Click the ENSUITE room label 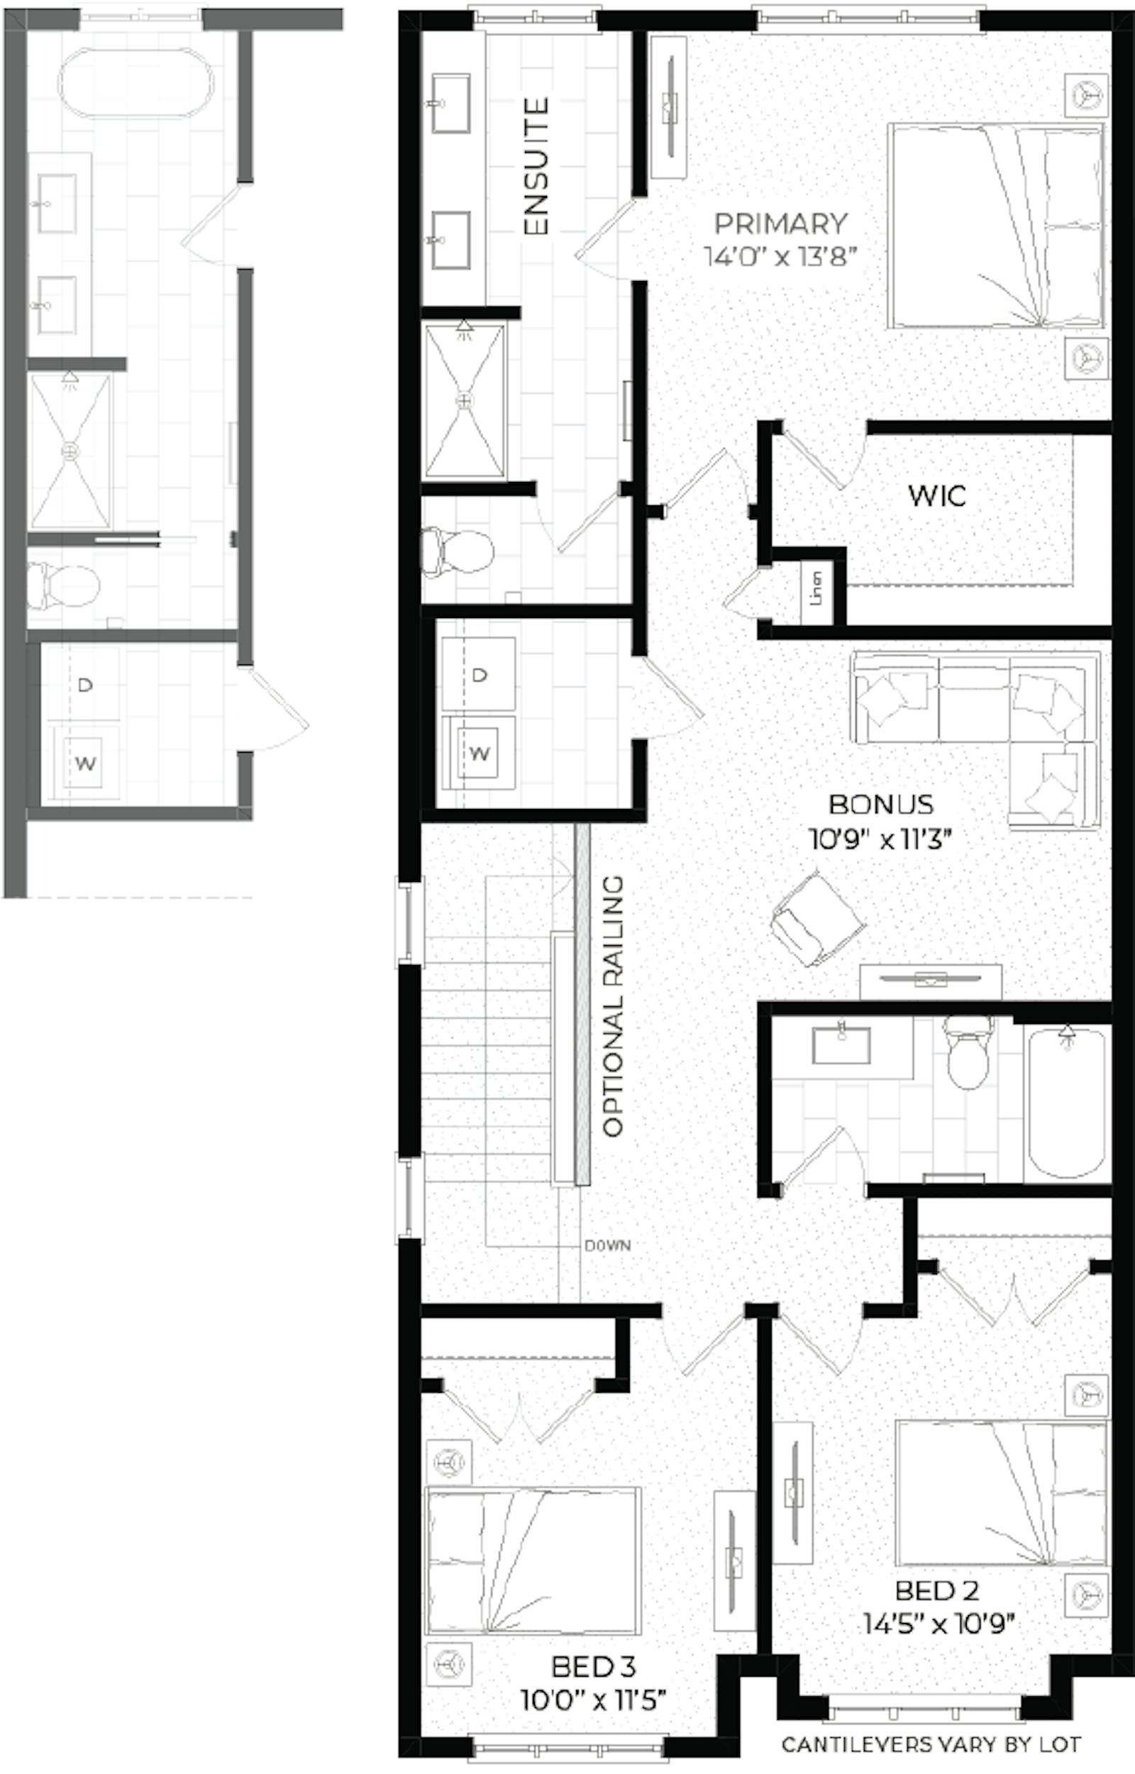tap(536, 167)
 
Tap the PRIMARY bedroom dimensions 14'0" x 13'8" tap(781, 257)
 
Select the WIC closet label tap(937, 495)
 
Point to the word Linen tap(816, 588)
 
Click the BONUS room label tap(882, 804)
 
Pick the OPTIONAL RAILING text tap(613, 1006)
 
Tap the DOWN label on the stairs tap(607, 1245)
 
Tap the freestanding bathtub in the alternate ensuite tap(135, 83)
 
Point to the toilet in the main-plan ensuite tap(457, 551)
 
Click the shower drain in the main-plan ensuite tap(465, 400)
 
